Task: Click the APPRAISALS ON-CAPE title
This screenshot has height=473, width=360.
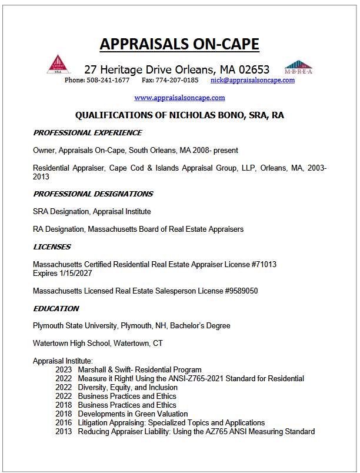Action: pos(179,44)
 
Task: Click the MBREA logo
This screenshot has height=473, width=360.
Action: pos(298,66)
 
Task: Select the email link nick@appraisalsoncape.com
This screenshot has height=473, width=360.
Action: pos(252,80)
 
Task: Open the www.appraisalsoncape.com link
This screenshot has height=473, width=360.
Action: pos(179,98)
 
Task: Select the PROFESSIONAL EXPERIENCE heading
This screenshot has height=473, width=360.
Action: pos(88,132)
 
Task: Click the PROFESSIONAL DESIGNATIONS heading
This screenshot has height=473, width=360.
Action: pos(93,194)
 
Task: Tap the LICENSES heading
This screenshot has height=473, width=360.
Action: pos(52,247)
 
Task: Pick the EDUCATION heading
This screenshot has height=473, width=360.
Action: pos(56,308)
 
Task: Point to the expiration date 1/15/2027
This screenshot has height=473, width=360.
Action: pos(76,273)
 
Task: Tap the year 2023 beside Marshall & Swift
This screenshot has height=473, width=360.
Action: pos(64,370)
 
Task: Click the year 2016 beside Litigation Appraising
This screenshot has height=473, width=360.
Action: pos(64,423)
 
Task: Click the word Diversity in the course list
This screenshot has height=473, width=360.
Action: pos(92,388)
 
